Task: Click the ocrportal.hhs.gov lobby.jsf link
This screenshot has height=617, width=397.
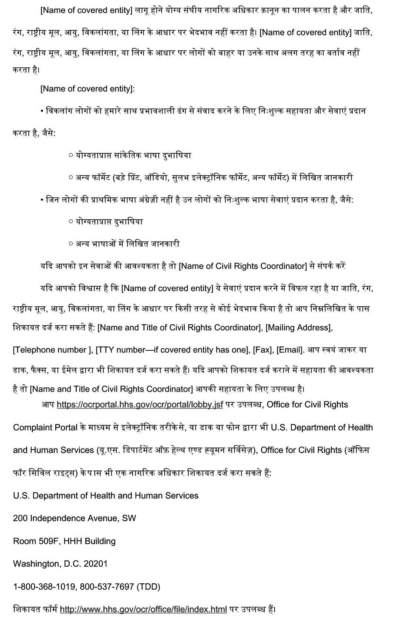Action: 140,404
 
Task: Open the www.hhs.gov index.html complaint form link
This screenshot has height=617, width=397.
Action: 143,609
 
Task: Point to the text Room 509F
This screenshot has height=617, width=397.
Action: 36,541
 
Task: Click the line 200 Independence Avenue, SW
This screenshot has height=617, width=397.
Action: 75,518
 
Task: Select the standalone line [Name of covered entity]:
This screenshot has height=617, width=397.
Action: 87,89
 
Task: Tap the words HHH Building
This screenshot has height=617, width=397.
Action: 90,541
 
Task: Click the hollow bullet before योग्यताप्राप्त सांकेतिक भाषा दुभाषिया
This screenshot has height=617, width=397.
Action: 71,156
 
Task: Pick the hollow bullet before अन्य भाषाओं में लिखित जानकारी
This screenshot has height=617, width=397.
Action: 71,244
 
